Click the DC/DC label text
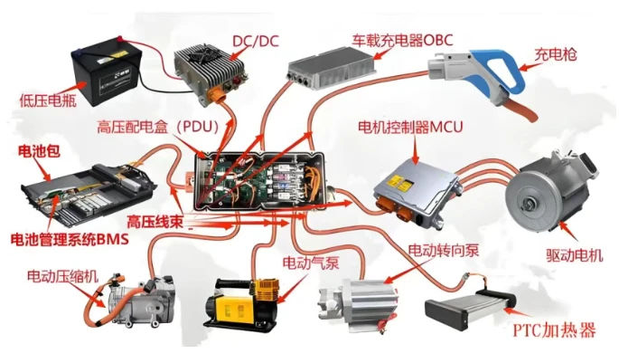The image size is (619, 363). (x=256, y=41)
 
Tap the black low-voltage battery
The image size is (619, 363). (x=105, y=72)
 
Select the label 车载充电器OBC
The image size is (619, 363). (x=403, y=40)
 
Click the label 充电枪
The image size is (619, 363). (x=556, y=54)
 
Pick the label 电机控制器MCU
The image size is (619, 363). (x=410, y=128)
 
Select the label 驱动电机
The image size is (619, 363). (x=575, y=255)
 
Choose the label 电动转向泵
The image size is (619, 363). (x=444, y=250)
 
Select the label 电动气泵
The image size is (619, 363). (x=311, y=263)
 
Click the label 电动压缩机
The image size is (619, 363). (x=62, y=276)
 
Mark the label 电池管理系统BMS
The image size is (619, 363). (x=70, y=239)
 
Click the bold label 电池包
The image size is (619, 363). (x=39, y=151)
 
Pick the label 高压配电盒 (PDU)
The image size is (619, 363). (x=158, y=128)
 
